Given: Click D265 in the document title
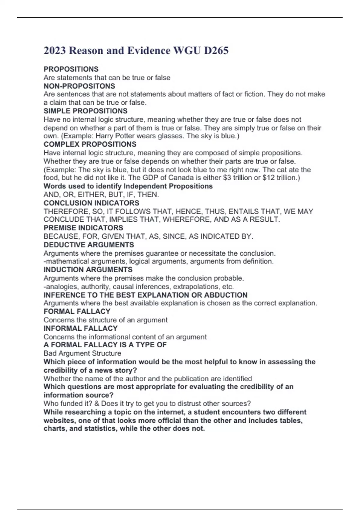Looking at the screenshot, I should pos(216,50).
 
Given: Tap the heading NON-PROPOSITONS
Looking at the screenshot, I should pos(79,86).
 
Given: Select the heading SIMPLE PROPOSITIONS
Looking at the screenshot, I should pos(85,111).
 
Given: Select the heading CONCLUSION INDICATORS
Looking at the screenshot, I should pos(91,203).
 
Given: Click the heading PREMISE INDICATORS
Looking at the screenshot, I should pos(83,228).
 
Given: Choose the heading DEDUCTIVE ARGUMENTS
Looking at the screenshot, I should pos(89,245).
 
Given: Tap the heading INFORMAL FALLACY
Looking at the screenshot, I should pos(80,328).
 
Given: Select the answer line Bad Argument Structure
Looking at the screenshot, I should pos(82,353).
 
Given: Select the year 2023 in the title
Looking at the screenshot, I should pos(55,50).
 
